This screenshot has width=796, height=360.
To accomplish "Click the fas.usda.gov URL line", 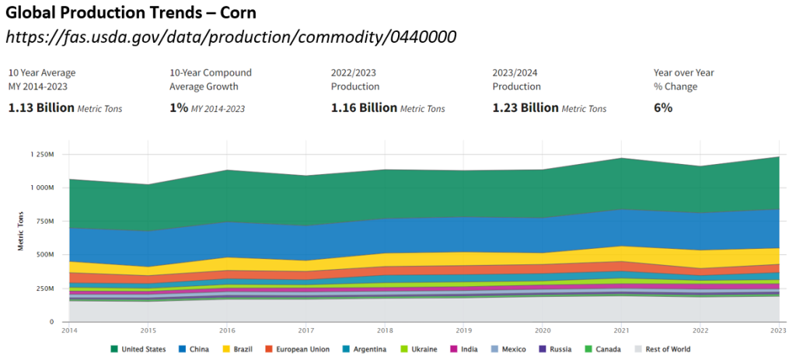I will (231, 36).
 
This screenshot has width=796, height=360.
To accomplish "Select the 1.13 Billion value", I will (41, 108).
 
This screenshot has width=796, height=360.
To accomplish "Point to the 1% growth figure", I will (179, 108).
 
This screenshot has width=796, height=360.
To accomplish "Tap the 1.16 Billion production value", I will (364, 108).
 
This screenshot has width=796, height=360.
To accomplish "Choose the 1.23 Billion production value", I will (525, 108).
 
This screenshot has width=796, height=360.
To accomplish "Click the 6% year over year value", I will (663, 108).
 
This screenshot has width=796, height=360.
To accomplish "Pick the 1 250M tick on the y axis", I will (41, 155).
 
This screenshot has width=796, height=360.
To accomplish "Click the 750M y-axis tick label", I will (44, 222).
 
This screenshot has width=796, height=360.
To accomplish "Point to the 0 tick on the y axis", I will (51, 322).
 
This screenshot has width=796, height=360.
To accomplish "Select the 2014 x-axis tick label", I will (68, 331).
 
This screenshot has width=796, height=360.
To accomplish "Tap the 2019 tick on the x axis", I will (463, 331).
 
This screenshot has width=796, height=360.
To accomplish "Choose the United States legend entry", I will (138, 349).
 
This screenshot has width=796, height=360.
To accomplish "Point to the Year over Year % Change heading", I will (684, 79).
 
